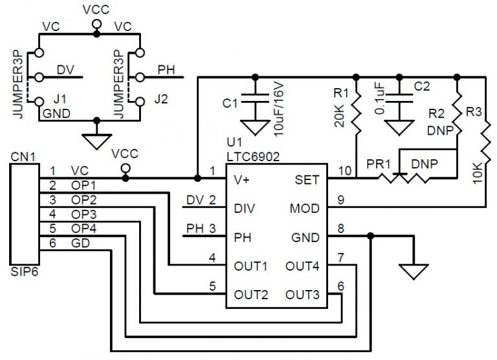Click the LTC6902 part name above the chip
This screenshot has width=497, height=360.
[252, 156]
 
